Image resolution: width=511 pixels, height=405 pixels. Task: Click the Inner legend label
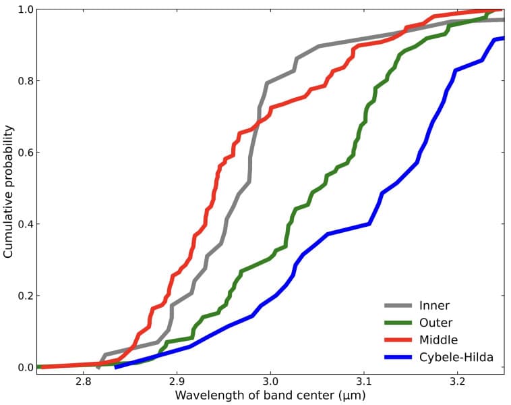coord(434,306)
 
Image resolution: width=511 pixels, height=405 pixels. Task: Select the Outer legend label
coord(435,323)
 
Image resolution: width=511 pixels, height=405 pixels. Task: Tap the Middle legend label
coord(438,340)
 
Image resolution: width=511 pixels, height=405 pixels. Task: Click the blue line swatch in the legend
coord(398,357)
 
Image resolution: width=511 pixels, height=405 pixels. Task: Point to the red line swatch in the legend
coord(398,340)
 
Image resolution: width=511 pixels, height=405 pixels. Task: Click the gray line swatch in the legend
coord(398,306)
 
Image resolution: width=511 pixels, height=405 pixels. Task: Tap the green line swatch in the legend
coord(398,323)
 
